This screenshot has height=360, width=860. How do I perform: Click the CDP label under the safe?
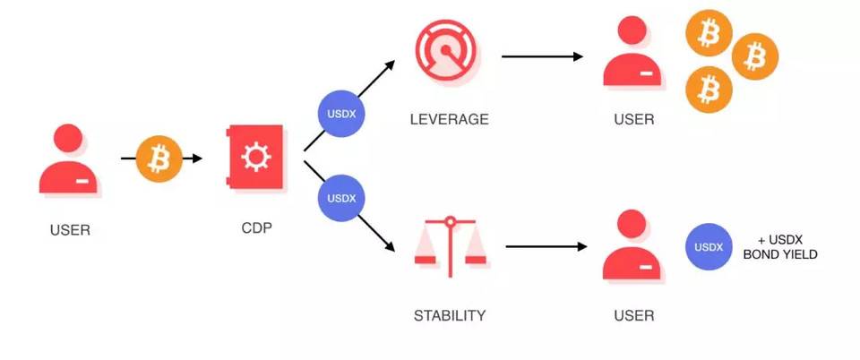pyautogui.click(x=257, y=227)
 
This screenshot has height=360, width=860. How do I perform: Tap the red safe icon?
pyautogui.click(x=256, y=157)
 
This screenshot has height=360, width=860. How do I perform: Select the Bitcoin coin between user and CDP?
pyautogui.click(x=159, y=159)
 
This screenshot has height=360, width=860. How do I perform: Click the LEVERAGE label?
pyautogui.click(x=449, y=119)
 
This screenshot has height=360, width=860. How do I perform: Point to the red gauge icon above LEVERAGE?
pyautogui.click(x=448, y=53)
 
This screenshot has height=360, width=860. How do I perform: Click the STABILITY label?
pyautogui.click(x=449, y=316)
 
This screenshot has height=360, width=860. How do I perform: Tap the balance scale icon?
pyautogui.click(x=450, y=246)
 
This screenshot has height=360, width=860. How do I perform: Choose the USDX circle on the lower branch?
pyautogui.click(x=341, y=198)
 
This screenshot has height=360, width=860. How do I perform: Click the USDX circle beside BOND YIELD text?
pyautogui.click(x=709, y=246)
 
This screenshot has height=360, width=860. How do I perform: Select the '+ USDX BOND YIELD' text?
pyautogui.click(x=780, y=247)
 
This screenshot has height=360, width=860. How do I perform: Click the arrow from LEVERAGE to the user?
pyautogui.click(x=542, y=56)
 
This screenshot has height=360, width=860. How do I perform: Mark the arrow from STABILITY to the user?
pyautogui.click(x=546, y=246)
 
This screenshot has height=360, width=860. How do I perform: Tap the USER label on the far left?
pyautogui.click(x=70, y=230)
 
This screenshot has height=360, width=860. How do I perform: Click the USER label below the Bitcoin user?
pyautogui.click(x=634, y=119)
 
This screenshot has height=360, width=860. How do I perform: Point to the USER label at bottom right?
pyautogui.click(x=634, y=316)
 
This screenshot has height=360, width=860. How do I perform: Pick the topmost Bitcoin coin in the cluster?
pyautogui.click(x=709, y=33)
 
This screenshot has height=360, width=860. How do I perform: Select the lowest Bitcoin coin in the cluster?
pyautogui.click(x=709, y=90)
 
